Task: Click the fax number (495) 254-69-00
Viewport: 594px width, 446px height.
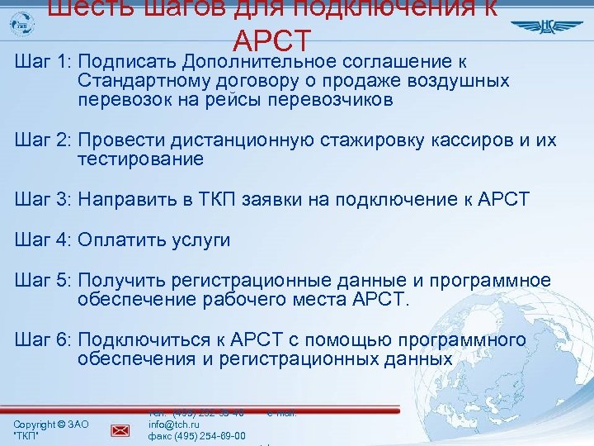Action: [x=196, y=436]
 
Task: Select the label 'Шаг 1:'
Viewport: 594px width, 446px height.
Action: [x=43, y=63]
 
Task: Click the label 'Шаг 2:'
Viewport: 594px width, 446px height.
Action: [x=43, y=140]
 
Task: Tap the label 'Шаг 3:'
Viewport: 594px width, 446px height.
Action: [x=43, y=199]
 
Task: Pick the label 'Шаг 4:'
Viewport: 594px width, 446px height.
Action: [x=43, y=240]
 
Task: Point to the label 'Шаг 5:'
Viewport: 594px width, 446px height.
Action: [x=43, y=281]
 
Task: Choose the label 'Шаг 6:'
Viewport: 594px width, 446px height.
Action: [x=43, y=340]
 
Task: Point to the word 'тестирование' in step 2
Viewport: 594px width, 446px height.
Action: [x=140, y=159]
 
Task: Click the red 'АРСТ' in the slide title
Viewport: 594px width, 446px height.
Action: [x=272, y=40]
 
